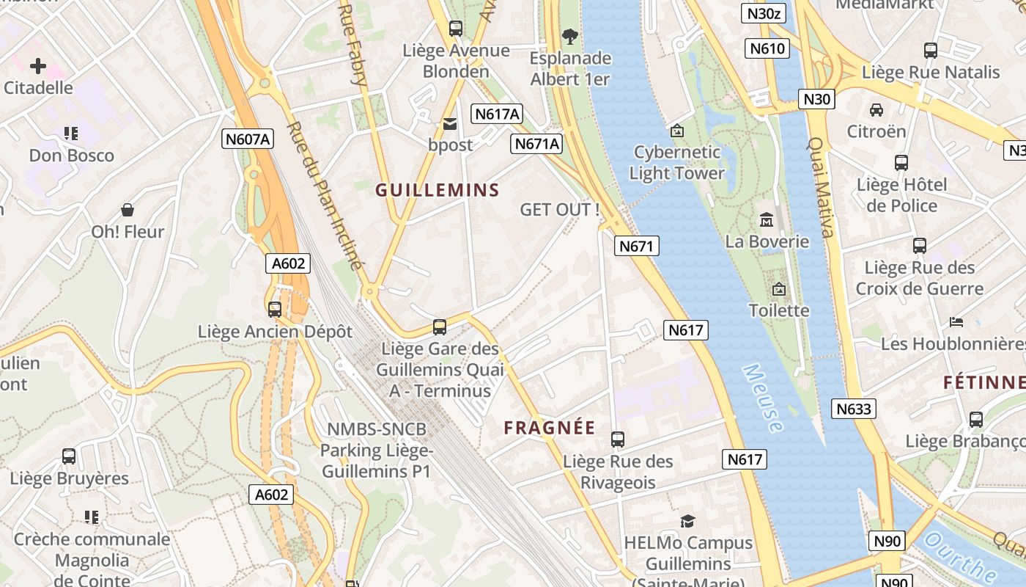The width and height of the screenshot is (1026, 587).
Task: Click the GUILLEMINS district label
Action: coord(438,191)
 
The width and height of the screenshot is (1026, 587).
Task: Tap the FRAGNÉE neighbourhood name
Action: coord(550,429)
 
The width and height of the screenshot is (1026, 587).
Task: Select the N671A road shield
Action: coord(536,144)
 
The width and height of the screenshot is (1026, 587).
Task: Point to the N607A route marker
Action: coord(248,139)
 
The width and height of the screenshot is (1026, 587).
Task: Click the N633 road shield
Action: coord(854,409)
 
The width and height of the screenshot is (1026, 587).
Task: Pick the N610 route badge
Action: coord(767,49)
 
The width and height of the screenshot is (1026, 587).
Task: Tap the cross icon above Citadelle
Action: coord(38,66)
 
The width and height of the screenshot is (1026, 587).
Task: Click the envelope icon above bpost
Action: coord(450,124)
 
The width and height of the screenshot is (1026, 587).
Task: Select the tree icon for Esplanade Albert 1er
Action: coord(569,36)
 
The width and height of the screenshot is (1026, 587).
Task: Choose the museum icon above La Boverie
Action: coord(767,219)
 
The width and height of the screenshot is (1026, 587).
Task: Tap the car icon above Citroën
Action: coord(876,110)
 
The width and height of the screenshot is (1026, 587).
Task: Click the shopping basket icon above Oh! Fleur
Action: coord(128,210)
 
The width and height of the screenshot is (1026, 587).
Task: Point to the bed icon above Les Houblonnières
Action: coord(956,321)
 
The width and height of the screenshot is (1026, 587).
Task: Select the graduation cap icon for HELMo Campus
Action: coord(687,521)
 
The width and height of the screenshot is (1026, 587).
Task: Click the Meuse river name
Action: coord(762,398)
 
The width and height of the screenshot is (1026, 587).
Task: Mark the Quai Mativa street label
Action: coord(821,188)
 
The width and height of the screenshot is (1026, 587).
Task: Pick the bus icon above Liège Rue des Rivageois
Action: coord(618,440)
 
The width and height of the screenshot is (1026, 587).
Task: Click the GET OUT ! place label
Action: coord(560,210)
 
